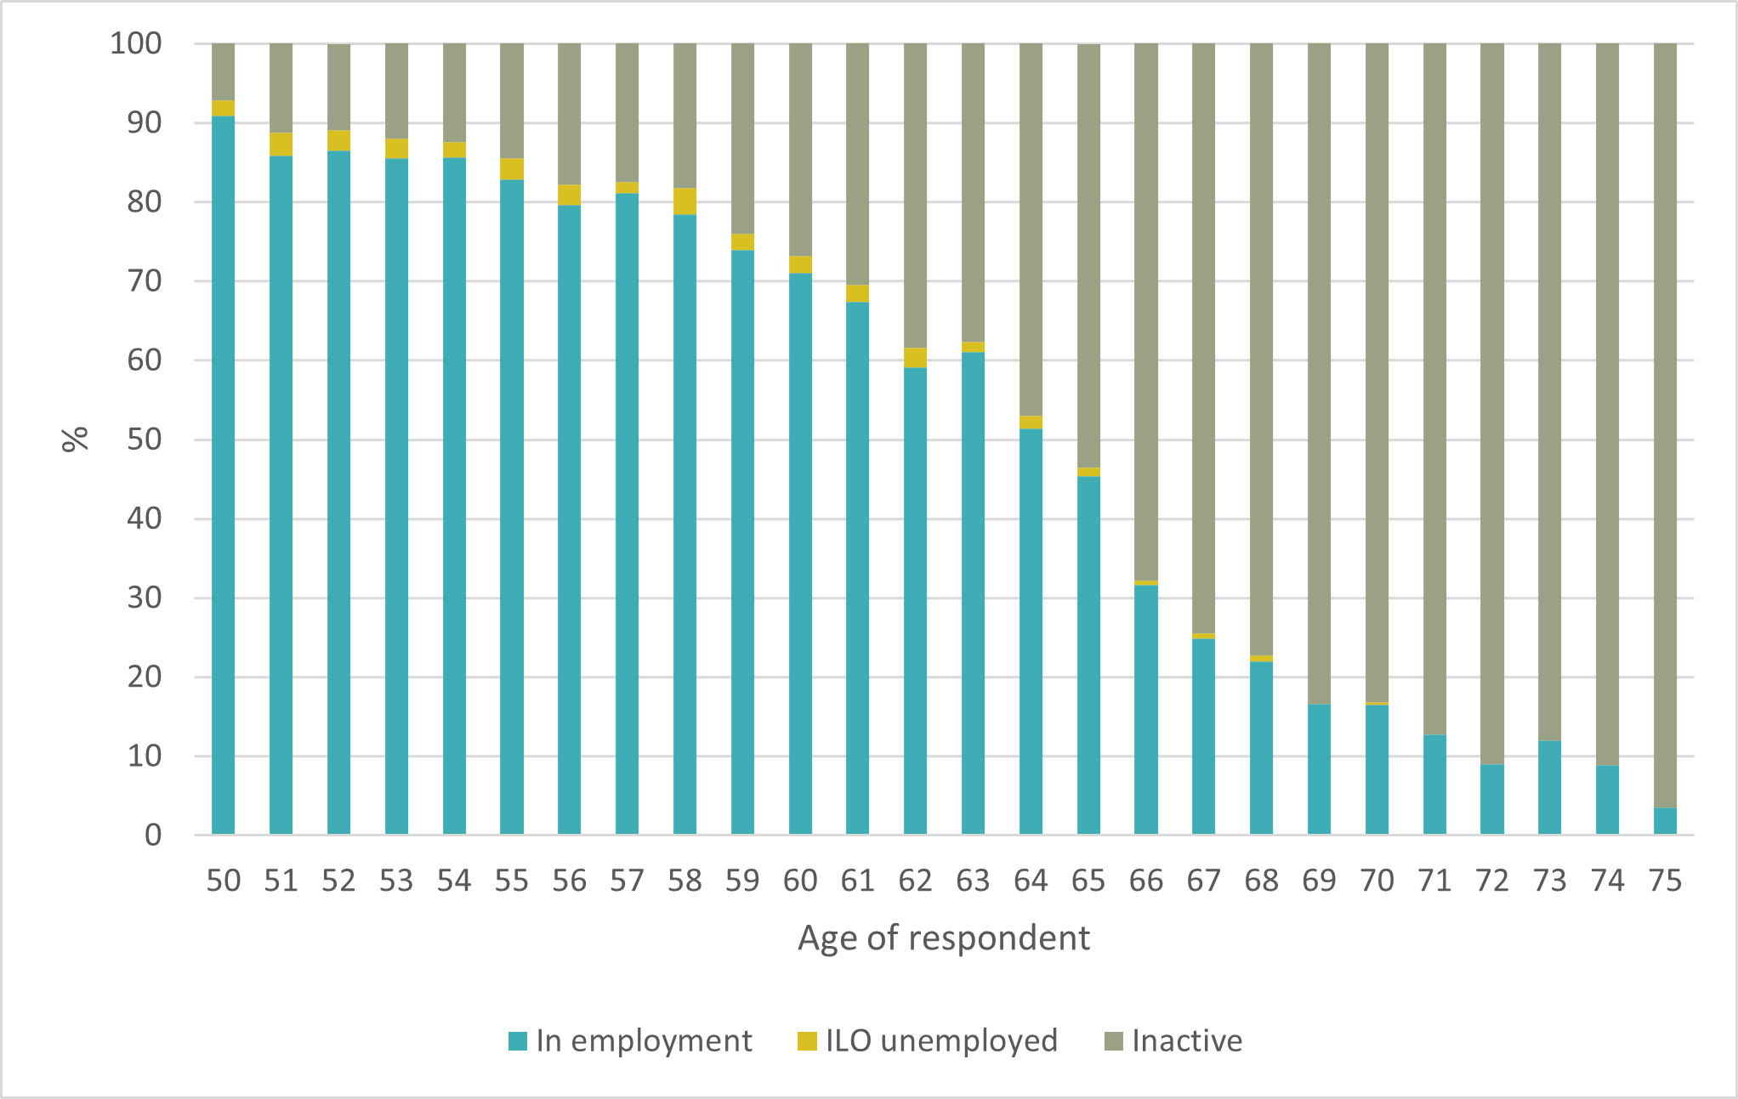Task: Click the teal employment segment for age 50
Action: [223, 476]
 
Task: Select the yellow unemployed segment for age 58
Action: [684, 201]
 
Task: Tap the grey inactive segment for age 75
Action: [1665, 425]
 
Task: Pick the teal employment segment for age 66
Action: [1145, 710]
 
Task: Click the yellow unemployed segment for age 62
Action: [915, 357]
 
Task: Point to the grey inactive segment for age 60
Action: [800, 149]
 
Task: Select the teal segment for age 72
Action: [1491, 799]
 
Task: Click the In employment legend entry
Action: [629, 1041]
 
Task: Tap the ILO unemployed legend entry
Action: [927, 1041]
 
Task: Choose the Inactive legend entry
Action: [1173, 1041]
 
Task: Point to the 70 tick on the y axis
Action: [144, 280]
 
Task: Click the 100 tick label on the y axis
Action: [135, 43]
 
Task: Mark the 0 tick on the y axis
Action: [152, 835]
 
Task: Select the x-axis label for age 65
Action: [1088, 881]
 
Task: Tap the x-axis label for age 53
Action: [396, 881]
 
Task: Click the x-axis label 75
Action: [1664, 881]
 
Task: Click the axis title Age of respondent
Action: [943, 938]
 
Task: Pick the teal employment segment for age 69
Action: [1318, 769]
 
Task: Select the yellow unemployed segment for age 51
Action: [281, 144]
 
